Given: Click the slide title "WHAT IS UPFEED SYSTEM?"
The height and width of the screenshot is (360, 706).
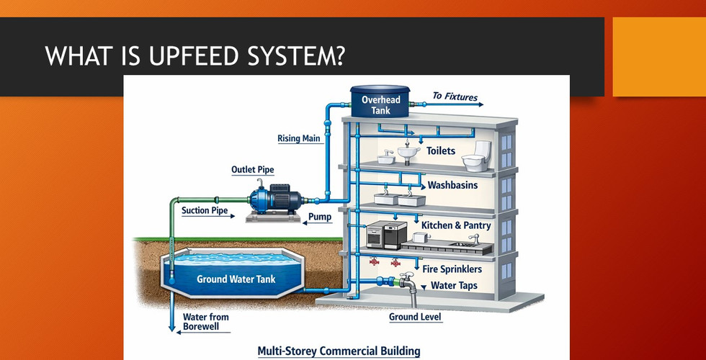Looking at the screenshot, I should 194,55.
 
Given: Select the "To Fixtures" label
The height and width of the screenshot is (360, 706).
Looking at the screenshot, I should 455,96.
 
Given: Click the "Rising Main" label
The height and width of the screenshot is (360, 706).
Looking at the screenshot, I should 298,138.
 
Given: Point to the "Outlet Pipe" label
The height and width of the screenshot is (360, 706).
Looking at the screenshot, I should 252,170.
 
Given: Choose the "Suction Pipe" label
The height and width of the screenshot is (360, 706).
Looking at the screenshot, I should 205,211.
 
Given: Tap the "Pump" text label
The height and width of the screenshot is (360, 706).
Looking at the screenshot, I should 319,216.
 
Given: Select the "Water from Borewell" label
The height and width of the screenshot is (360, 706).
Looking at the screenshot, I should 206,321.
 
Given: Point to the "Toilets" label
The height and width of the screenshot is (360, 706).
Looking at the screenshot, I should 441,151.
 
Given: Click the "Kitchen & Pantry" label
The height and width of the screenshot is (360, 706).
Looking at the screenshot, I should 456,226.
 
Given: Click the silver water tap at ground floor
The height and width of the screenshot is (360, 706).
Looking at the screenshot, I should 408,282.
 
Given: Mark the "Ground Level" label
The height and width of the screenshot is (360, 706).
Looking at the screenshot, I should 415,317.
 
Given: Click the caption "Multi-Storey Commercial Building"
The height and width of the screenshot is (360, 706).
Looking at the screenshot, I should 339,351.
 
